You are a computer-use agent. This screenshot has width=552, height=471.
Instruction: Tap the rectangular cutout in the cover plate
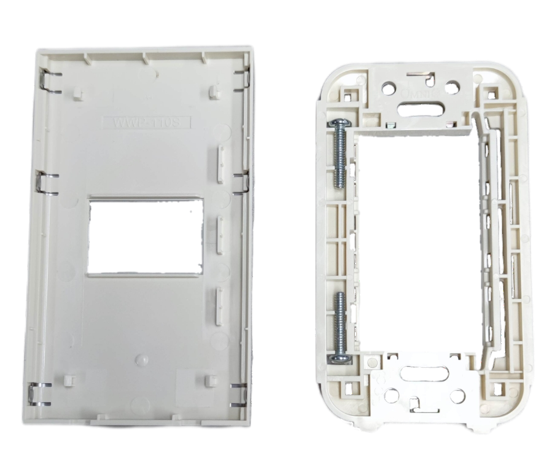(x=145, y=235)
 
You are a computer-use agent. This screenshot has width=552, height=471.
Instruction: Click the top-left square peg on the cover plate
(x=77, y=93)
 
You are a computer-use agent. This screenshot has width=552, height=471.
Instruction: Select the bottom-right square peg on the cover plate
(x=212, y=380)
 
